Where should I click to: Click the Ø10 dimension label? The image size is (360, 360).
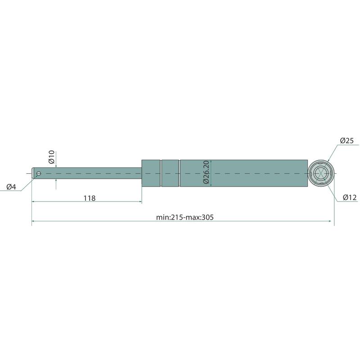click(51, 157)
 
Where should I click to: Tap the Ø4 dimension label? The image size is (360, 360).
click(11, 187)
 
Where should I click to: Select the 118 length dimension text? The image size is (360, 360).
click(89, 198)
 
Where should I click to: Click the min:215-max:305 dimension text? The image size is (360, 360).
click(185, 217)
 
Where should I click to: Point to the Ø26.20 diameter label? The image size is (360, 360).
click(206, 172)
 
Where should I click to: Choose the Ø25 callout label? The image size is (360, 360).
click(346, 140)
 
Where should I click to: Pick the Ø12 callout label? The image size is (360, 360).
click(350, 197)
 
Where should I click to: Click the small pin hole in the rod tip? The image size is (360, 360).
click(39, 173)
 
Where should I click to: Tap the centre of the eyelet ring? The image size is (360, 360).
click(321, 173)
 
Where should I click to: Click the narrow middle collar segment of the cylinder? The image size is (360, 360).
click(170, 173)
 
